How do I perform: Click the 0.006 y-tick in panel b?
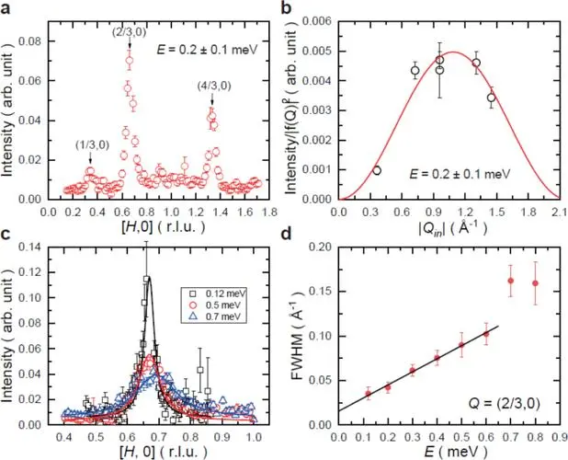coord(316,18)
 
